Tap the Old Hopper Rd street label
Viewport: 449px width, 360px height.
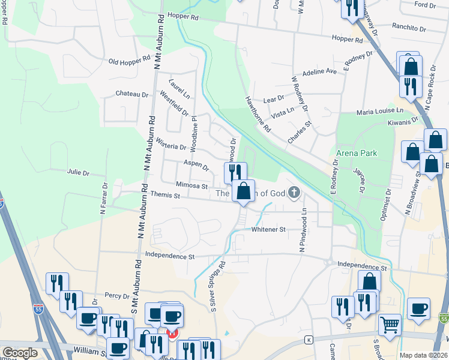pos(129,61)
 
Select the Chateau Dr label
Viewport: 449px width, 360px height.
pos(132,94)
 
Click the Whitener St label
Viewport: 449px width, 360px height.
pos(268,229)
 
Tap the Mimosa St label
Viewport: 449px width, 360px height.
pos(191,185)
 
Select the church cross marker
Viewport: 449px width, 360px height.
pos(294,193)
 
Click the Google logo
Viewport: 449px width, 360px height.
pos(20,353)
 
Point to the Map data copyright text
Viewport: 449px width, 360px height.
pos(423,355)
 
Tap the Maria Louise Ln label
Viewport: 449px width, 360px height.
pos(380,112)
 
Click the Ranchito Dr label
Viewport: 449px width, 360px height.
pos(409,26)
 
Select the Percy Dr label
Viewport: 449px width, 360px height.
pos(117,296)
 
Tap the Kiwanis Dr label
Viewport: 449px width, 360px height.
pos(403,122)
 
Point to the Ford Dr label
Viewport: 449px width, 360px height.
pos(425,5)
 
